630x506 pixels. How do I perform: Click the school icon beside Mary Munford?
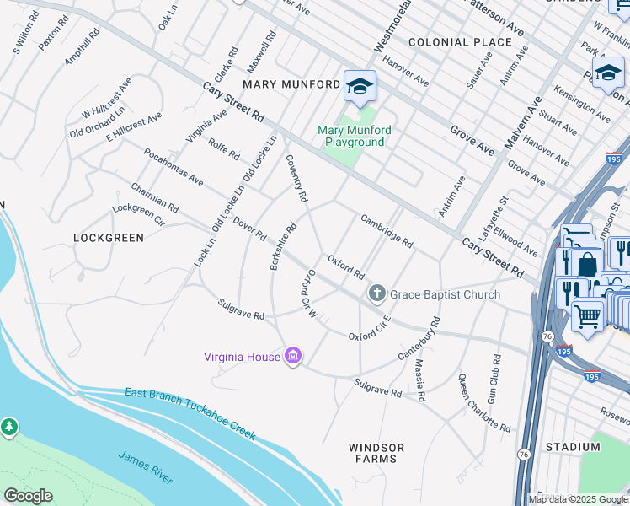(360, 86)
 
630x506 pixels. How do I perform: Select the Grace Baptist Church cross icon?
(376, 294)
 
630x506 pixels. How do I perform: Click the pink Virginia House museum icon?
(293, 357)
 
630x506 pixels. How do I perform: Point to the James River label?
(147, 467)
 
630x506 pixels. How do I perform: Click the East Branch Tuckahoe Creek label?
(190, 413)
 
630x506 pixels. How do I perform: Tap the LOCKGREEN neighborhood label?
(109, 238)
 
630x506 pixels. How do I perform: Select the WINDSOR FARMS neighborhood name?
(376, 453)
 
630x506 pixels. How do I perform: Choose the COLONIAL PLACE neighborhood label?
(460, 41)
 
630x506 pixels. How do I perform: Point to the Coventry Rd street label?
(296, 178)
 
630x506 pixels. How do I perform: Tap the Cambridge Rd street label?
(387, 230)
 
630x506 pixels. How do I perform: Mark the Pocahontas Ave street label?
(174, 167)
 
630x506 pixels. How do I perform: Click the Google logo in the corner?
(28, 496)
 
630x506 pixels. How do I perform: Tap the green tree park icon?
(10, 428)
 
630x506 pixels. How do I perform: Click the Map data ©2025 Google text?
(578, 499)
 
